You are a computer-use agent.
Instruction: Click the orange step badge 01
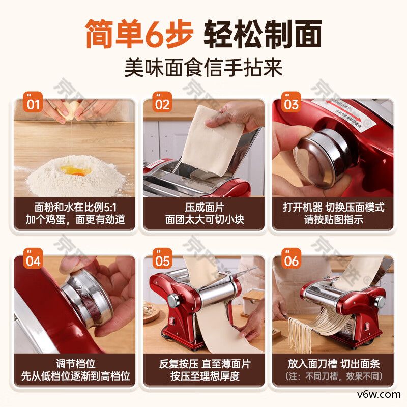33,104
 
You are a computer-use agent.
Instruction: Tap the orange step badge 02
162,104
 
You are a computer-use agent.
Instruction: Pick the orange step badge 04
33,260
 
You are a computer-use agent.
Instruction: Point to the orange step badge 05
162,260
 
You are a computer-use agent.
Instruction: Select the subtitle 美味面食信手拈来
203,67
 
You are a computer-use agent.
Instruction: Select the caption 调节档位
75,364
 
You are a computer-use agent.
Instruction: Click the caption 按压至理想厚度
203,377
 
